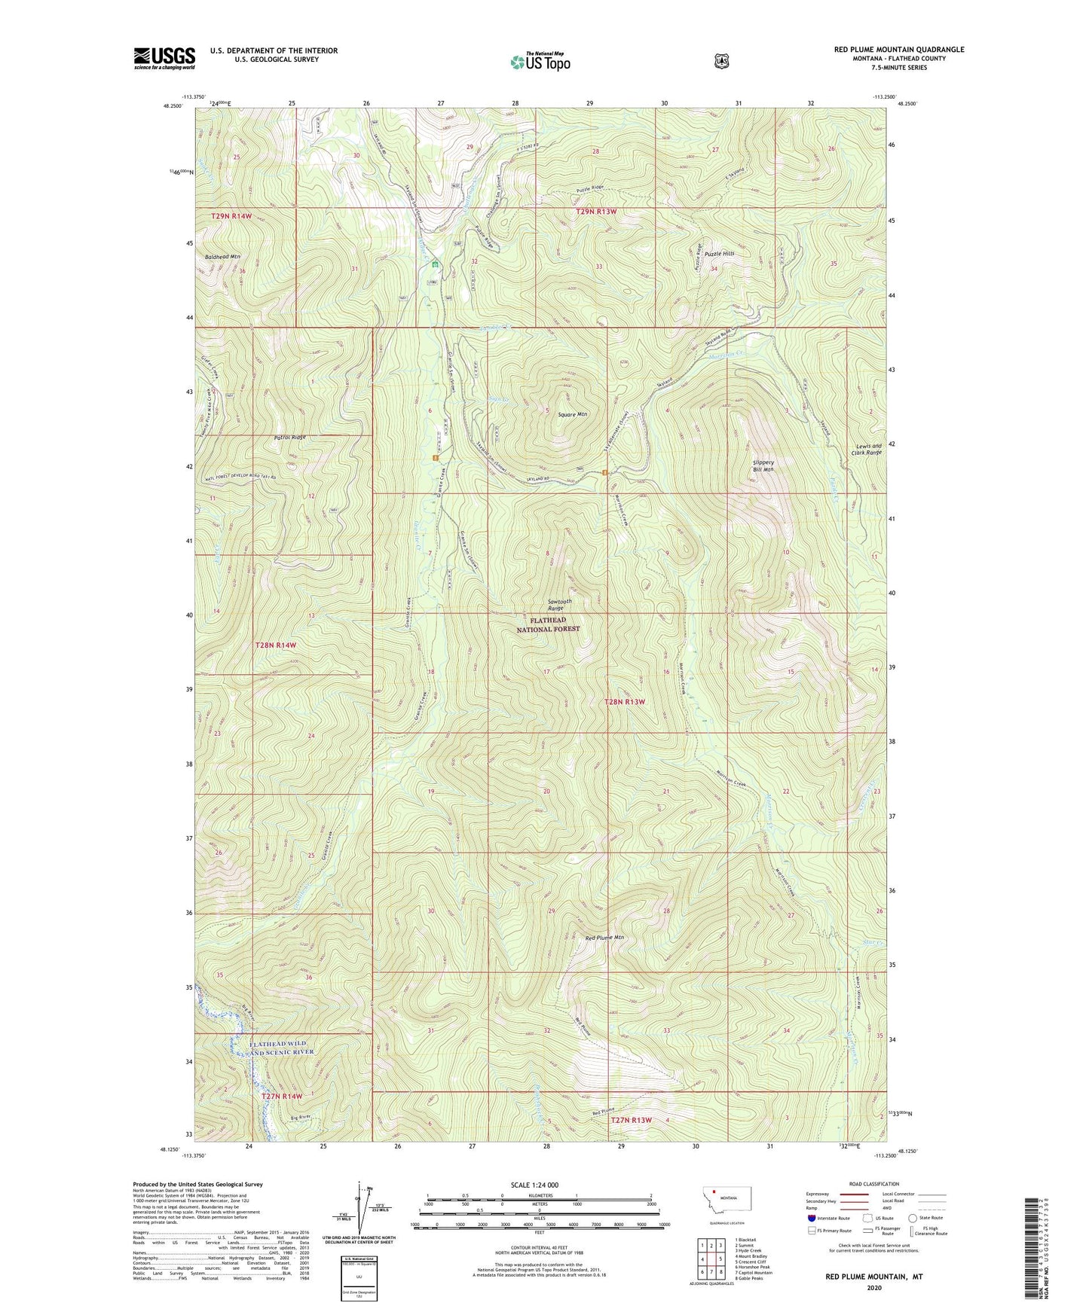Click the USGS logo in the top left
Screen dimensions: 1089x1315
point(164,58)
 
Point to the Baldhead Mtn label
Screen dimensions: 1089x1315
point(222,257)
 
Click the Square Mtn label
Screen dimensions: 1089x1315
point(572,414)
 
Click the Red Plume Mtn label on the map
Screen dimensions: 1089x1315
point(605,938)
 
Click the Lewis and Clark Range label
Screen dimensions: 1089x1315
point(866,449)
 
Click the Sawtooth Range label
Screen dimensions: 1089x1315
point(559,605)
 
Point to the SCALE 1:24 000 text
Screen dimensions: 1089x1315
point(539,1185)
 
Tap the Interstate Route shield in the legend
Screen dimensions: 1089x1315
point(811,1218)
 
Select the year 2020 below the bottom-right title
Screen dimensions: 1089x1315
point(874,1287)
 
